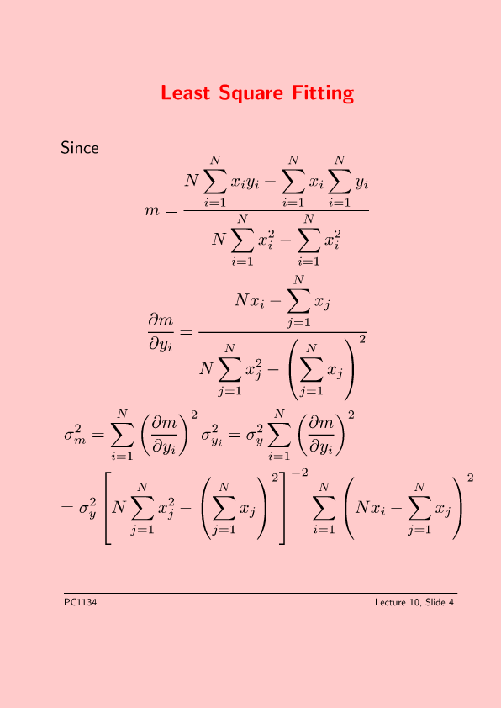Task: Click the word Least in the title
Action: [x=186, y=92]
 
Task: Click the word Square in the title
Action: [x=251, y=94]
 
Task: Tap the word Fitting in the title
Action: [x=323, y=94]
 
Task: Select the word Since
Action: [x=80, y=148]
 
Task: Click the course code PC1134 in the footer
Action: [x=81, y=602]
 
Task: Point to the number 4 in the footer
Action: [x=451, y=602]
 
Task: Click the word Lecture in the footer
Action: [x=391, y=602]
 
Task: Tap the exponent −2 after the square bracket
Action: [x=299, y=473]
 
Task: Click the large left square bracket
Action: [x=108, y=508]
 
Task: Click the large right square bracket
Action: [x=282, y=508]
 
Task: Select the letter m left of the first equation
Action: [x=152, y=210]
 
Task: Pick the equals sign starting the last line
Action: [x=66, y=509]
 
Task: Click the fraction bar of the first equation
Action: [x=277, y=210]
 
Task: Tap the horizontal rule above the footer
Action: [x=261, y=593]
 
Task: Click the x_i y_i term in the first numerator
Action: [x=245, y=182]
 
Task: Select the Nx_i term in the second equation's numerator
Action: [x=249, y=300]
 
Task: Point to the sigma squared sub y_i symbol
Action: [x=212, y=435]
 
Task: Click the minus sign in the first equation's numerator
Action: [x=270, y=182]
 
